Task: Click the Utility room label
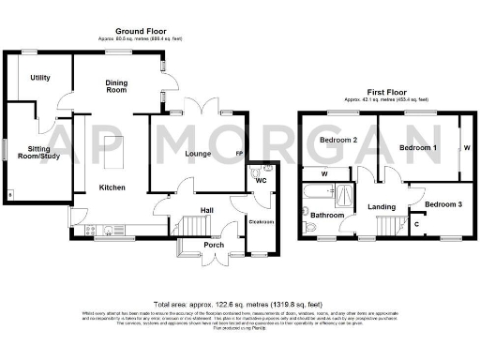pyautogui.click(x=39, y=78)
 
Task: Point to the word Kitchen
pyautogui.click(x=112, y=187)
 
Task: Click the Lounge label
pyautogui.click(x=196, y=154)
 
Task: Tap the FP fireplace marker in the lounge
pyautogui.click(x=238, y=154)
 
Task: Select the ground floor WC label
pyautogui.click(x=262, y=179)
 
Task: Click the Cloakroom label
pyautogui.click(x=259, y=221)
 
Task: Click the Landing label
pyautogui.click(x=381, y=206)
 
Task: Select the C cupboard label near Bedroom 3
pyautogui.click(x=415, y=223)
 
